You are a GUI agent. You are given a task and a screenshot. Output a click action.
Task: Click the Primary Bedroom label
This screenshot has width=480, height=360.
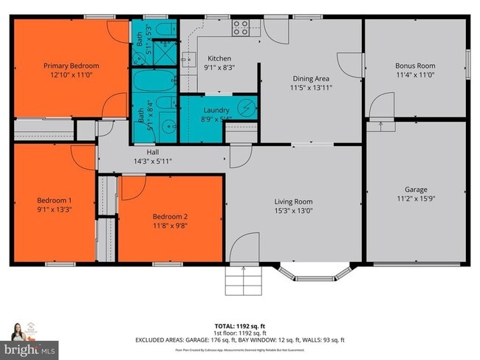[x=71, y=66]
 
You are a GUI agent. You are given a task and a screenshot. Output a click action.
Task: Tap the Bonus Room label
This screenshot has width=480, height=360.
[x=415, y=66]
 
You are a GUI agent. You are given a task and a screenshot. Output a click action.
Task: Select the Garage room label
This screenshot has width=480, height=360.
[x=416, y=190]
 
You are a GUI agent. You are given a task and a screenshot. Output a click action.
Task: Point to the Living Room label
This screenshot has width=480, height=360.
[x=294, y=201]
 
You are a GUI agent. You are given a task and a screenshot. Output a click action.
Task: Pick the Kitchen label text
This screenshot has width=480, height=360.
[x=219, y=58]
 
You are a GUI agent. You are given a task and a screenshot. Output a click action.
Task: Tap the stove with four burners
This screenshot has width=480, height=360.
[x=241, y=29]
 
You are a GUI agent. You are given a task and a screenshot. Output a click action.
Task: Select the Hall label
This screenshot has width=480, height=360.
[x=153, y=152]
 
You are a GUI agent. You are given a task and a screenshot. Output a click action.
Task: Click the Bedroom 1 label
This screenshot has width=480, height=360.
[x=55, y=200]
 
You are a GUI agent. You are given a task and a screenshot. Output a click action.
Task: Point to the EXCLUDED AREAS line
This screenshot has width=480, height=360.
[x=240, y=340]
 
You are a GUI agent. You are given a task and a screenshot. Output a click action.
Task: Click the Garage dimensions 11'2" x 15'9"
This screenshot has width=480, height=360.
[x=416, y=198]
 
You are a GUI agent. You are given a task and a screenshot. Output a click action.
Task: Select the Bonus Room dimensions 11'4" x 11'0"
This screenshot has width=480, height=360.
[x=415, y=75]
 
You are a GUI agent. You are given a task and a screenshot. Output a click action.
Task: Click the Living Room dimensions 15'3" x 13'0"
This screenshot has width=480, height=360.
[x=294, y=210]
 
